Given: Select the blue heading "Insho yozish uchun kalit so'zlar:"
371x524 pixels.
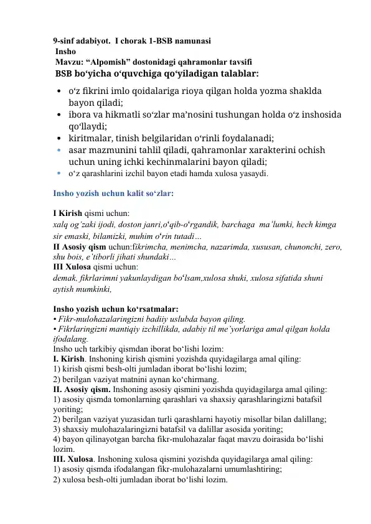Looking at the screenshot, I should point(113,194).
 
